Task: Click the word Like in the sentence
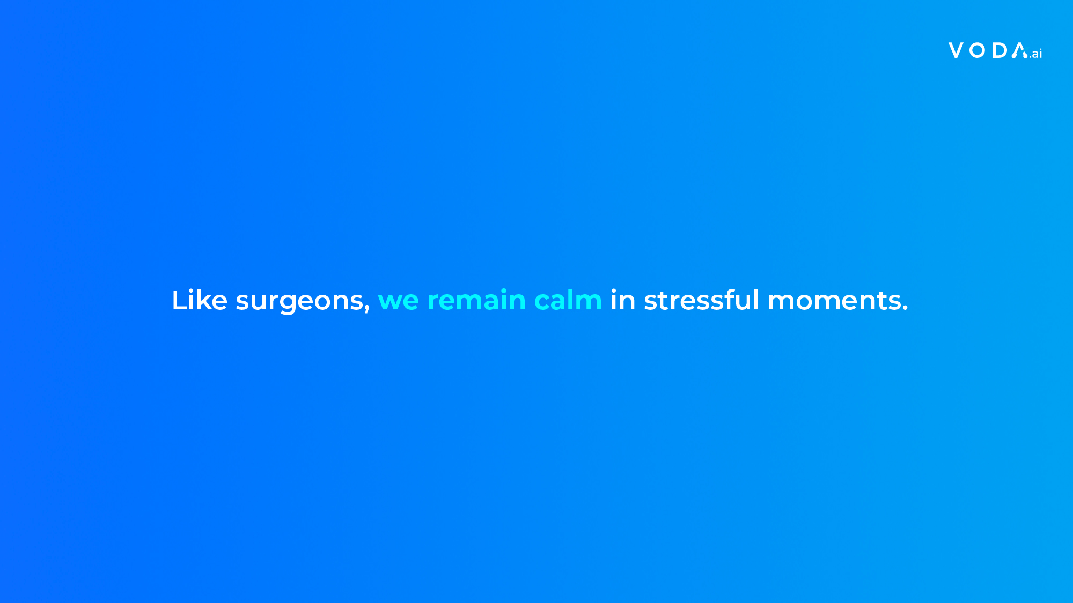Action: pyautogui.click(x=200, y=300)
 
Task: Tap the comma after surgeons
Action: pyautogui.click(x=367, y=309)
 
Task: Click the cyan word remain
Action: pyautogui.click(x=476, y=300)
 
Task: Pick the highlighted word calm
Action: pyautogui.click(x=568, y=300)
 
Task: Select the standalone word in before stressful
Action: pyautogui.click(x=623, y=300)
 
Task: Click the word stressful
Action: pyautogui.click(x=701, y=300)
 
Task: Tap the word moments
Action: pyautogui.click(x=834, y=301)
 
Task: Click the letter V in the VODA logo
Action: pyautogui.click(x=956, y=50)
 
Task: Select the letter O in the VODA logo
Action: pyautogui.click(x=978, y=50)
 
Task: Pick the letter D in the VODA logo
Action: pyautogui.click(x=999, y=50)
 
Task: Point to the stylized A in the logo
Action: pyautogui.click(x=1019, y=50)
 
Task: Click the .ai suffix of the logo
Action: pyautogui.click(x=1036, y=53)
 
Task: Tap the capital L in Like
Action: pyautogui.click(x=179, y=300)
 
